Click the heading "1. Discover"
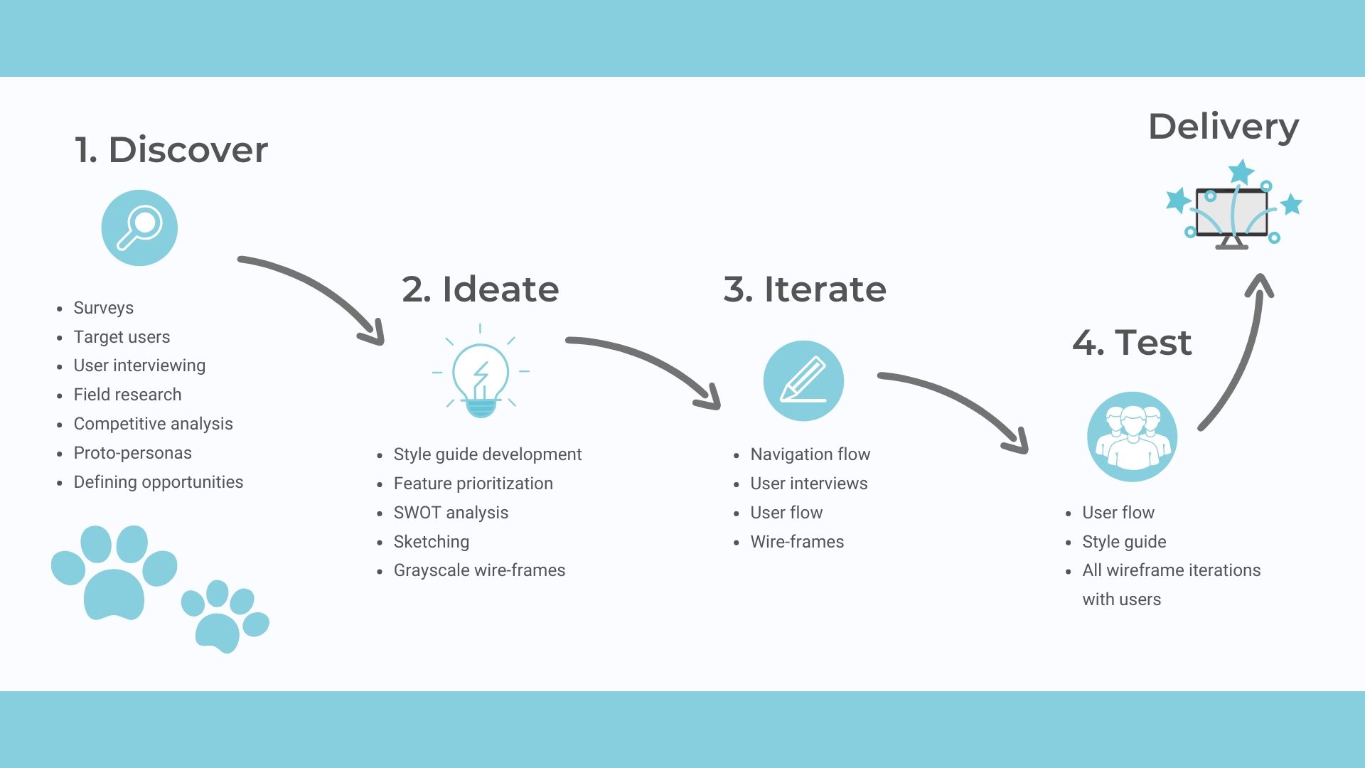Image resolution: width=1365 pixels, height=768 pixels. [171, 150]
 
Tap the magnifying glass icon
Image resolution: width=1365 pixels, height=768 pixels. [139, 228]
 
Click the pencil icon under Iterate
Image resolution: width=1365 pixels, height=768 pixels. [803, 380]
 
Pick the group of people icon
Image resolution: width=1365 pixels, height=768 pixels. [1132, 437]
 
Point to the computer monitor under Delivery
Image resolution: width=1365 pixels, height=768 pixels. [1231, 217]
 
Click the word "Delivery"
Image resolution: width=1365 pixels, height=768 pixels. [1224, 128]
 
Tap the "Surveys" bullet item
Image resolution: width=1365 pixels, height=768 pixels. [104, 308]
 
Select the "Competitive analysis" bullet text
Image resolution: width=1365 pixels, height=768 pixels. [154, 424]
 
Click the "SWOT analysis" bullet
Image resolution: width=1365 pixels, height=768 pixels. [451, 513]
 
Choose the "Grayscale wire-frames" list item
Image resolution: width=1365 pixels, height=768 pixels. [479, 570]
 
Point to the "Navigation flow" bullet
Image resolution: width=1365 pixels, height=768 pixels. [810, 454]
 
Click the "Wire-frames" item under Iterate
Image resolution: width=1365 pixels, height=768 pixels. [797, 542]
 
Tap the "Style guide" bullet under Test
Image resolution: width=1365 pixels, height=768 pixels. [1124, 542]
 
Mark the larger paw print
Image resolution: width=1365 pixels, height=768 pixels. [114, 572]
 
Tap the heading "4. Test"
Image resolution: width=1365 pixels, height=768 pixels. [1132, 343]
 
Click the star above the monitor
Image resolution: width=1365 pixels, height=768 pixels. [1241, 171]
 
